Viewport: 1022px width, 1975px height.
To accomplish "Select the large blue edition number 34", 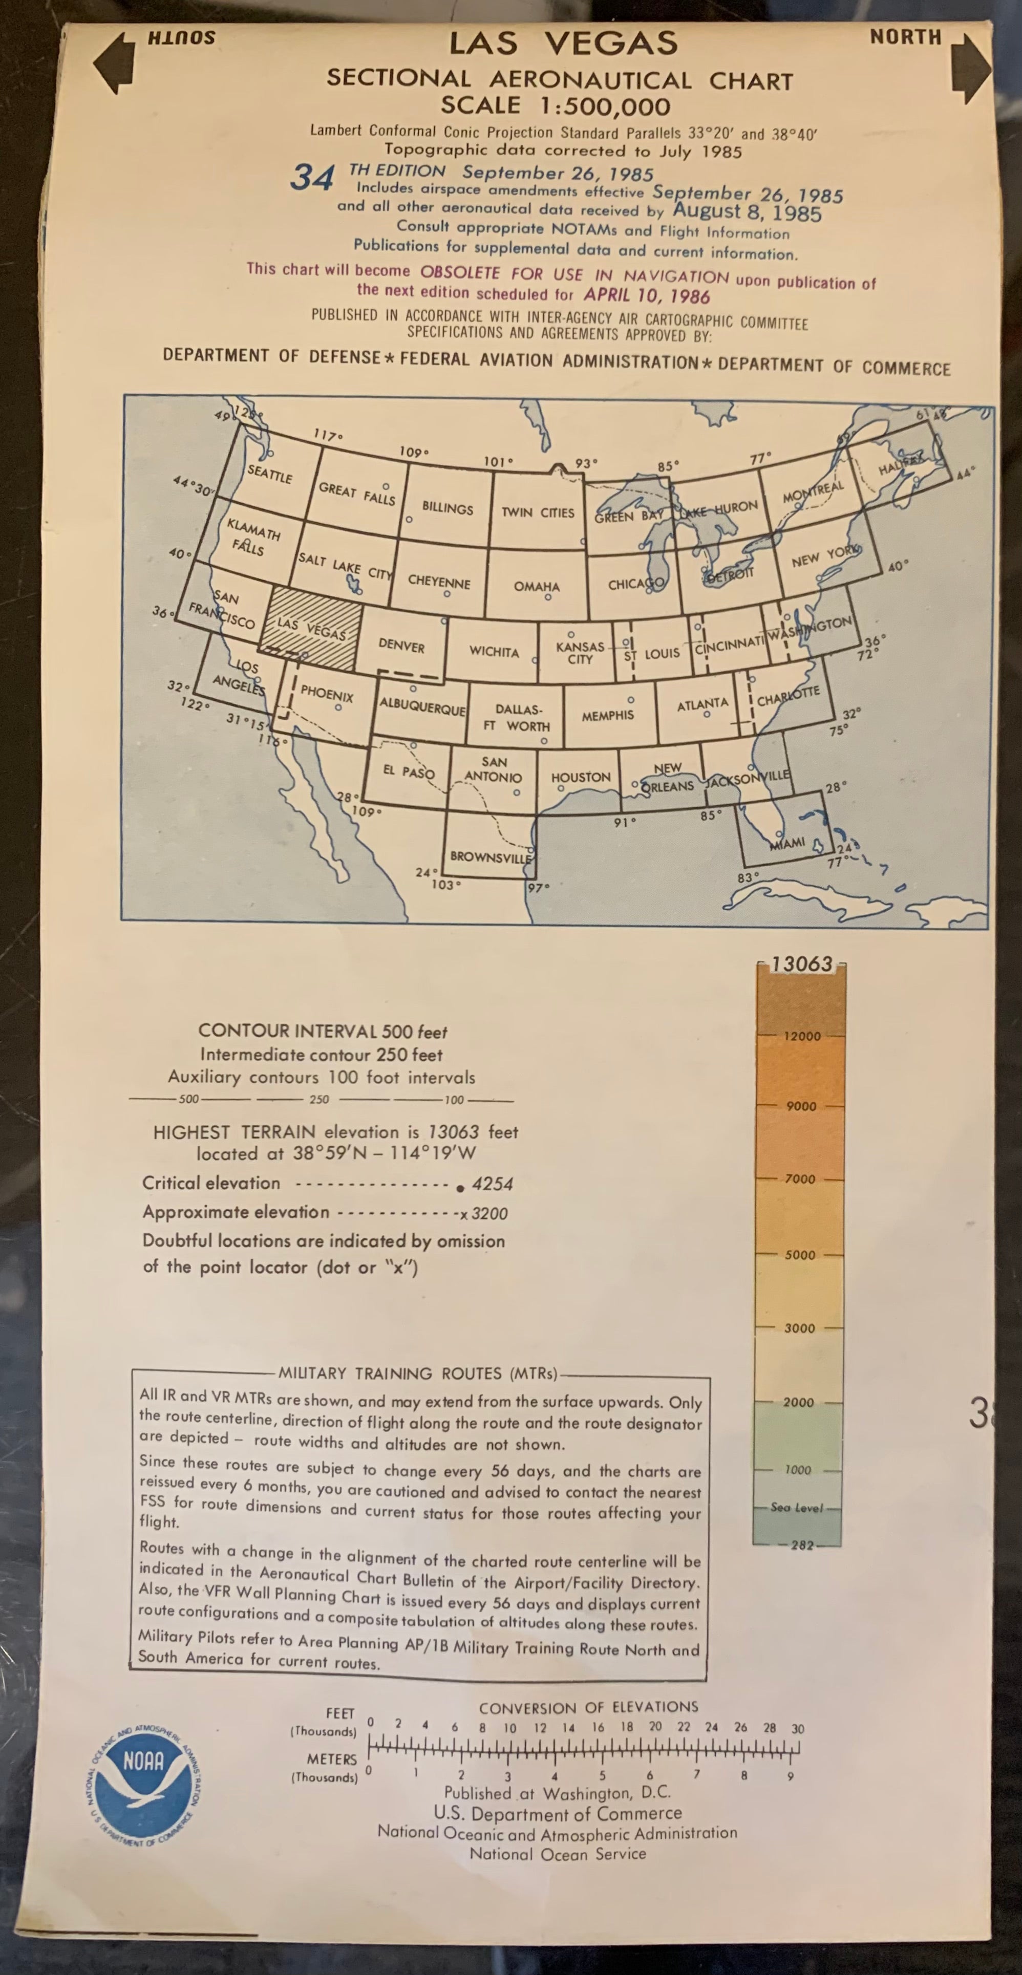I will click(312, 178).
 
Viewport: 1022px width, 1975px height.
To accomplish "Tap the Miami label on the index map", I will click(787, 843).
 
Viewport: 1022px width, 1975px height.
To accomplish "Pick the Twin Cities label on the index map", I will click(538, 512).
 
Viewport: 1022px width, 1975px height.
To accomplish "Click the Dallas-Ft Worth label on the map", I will click(518, 718).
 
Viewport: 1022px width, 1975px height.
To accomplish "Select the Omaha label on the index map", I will click(537, 587).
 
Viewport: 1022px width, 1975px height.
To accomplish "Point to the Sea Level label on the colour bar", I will click(797, 1507).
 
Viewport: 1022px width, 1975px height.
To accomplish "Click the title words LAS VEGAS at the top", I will click(564, 44).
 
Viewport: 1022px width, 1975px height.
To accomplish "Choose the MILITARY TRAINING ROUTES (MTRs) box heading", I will click(418, 1373).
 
